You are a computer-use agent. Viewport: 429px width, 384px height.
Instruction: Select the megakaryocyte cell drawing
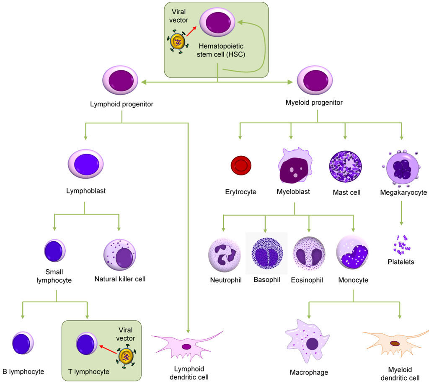tap(401, 168)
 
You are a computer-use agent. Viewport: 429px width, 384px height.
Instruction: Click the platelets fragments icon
tap(401, 244)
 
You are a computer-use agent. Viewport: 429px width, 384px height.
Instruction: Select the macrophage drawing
tap(308, 341)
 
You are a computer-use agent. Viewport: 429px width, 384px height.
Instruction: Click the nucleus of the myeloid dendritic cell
tap(395, 343)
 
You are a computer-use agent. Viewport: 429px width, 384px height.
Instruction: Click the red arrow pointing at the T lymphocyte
tap(108, 350)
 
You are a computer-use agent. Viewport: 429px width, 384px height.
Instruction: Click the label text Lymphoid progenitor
tap(121, 104)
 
